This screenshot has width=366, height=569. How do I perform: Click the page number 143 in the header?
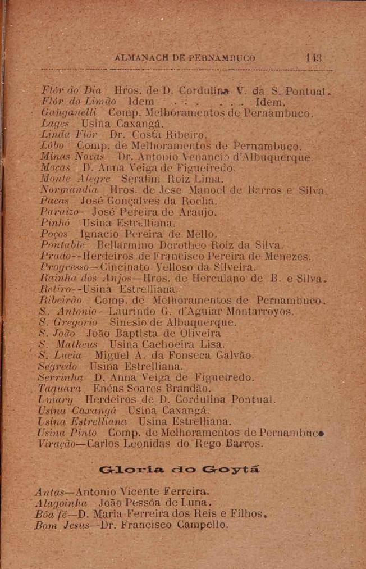pyautogui.click(x=313, y=58)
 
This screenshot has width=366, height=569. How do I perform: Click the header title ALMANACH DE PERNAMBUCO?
pyautogui.click(x=184, y=58)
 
